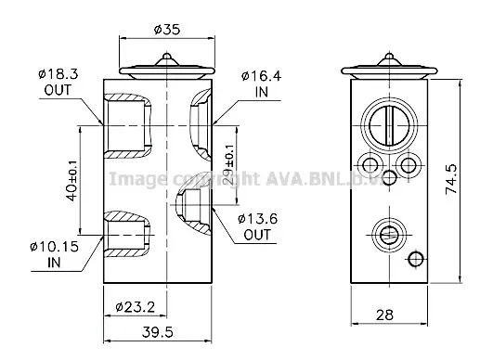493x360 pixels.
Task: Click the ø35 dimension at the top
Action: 166,29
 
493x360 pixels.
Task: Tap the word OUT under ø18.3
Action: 58,90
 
